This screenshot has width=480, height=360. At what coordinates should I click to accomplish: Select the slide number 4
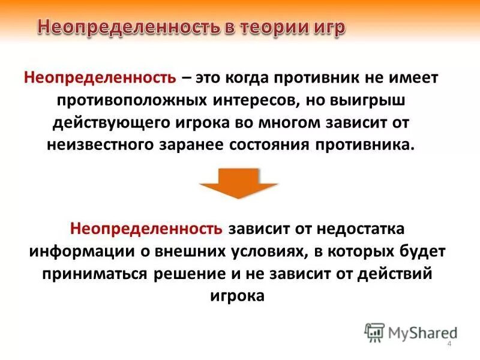pos(449,343)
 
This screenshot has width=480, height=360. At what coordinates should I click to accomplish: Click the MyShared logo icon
pos(375,331)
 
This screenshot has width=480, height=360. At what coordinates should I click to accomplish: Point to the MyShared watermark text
pos(422,331)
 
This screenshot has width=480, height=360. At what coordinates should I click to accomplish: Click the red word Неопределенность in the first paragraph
pos(100,78)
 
